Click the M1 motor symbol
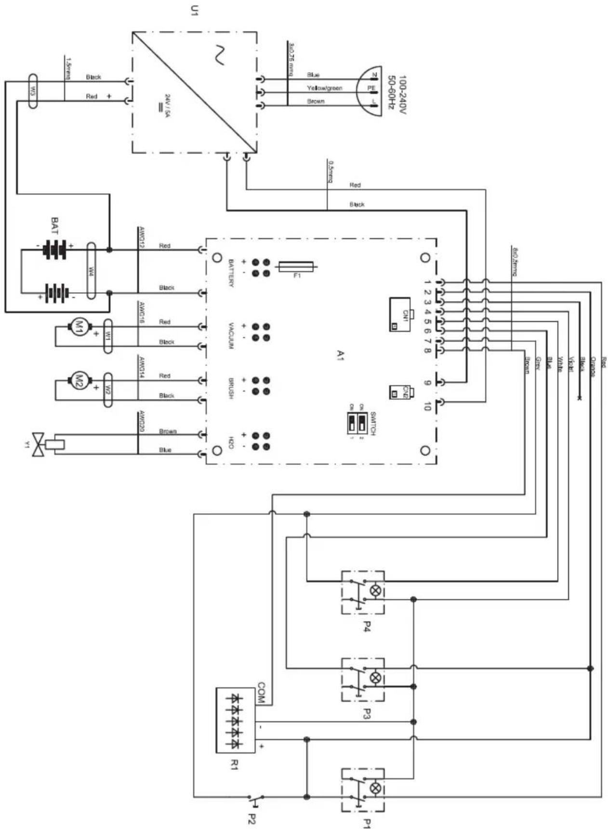[78, 327]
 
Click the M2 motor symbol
[78, 381]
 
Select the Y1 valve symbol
[39, 444]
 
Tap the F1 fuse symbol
[297, 266]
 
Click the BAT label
[55, 225]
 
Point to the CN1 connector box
[400, 314]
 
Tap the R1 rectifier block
[236, 720]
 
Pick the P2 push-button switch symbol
[255, 797]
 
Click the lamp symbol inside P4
[376, 590]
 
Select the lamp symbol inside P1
[376, 788]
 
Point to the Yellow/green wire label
[324, 88]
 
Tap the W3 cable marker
[32, 91]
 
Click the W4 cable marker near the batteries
[91, 271]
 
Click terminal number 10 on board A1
[426, 406]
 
